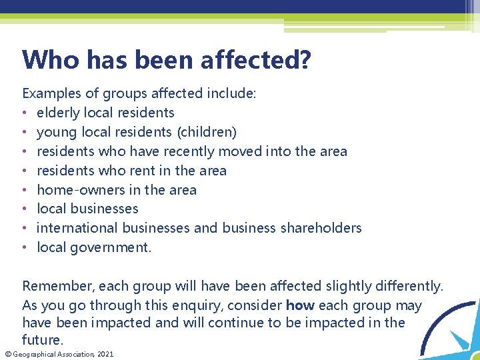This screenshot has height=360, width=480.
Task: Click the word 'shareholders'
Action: [x=321, y=228]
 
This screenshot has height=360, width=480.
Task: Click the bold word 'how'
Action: [x=300, y=305]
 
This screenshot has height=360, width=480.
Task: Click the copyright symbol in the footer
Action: [x=5, y=354]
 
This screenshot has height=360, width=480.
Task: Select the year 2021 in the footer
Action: [x=105, y=354]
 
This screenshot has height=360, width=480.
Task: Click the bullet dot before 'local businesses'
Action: [x=25, y=209]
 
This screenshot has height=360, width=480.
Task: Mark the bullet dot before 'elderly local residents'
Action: [x=25, y=113]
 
